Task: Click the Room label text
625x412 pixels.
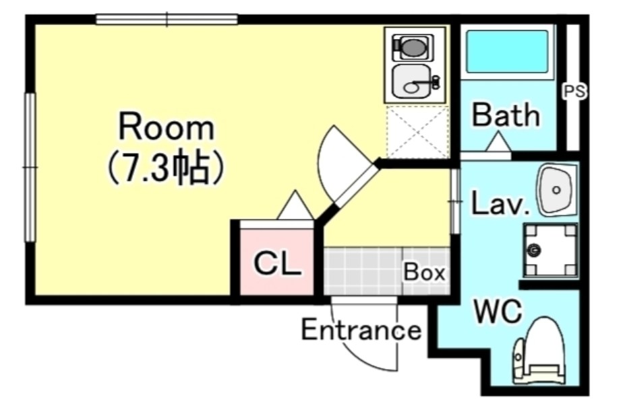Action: (x=167, y=127)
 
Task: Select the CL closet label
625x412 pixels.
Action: (x=277, y=263)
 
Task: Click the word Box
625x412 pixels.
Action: (x=424, y=272)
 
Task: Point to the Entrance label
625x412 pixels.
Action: (x=361, y=330)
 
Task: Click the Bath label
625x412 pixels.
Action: (x=506, y=114)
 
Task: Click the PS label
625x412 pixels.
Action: (x=574, y=92)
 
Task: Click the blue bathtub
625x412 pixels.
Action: (x=508, y=52)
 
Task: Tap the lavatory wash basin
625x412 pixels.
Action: (x=556, y=191)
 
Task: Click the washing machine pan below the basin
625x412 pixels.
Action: (x=550, y=250)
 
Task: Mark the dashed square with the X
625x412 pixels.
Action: (x=417, y=132)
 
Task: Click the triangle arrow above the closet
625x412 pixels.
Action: (x=295, y=205)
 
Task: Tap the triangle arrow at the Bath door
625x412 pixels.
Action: (x=498, y=142)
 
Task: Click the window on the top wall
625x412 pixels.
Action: (x=167, y=19)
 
